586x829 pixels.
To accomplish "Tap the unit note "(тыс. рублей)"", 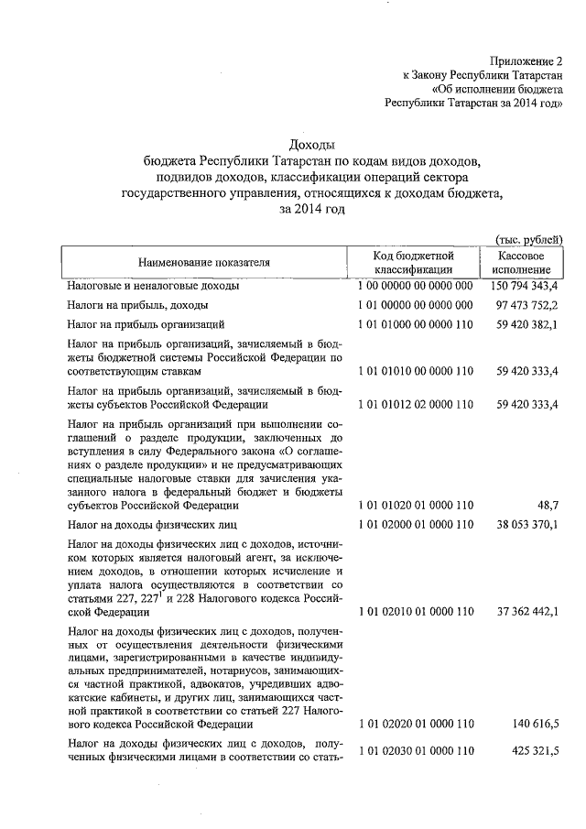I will (527, 238).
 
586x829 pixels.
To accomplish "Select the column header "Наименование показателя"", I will (204, 262).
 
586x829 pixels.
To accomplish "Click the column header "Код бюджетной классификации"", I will (414, 262).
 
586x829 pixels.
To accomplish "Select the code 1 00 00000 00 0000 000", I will (415, 286).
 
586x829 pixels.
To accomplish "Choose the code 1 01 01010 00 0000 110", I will (415, 372).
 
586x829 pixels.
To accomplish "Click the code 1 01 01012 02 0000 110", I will (415, 403).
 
